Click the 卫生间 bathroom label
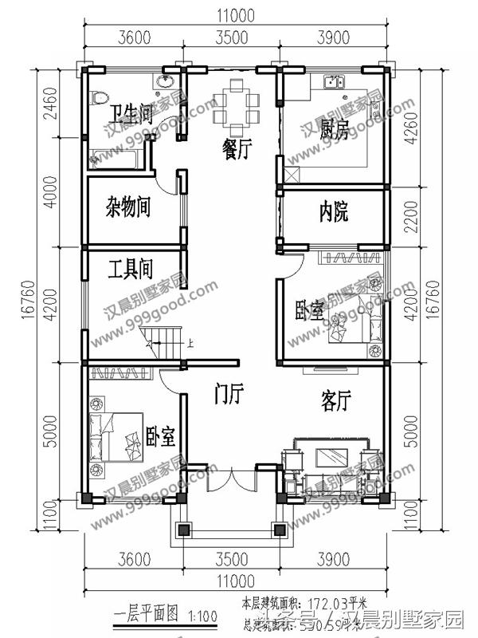(131, 114)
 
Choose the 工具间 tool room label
(130, 269)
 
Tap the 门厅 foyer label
(229, 392)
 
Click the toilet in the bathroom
(100, 97)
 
